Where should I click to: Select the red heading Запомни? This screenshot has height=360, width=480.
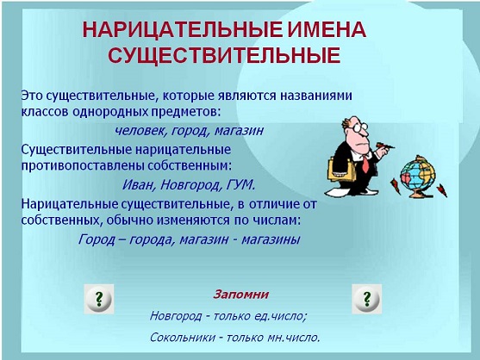pyautogui.click(x=241, y=294)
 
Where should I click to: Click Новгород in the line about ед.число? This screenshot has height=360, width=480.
pyautogui.click(x=177, y=314)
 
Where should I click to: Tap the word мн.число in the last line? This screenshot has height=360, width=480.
pyautogui.click(x=290, y=337)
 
